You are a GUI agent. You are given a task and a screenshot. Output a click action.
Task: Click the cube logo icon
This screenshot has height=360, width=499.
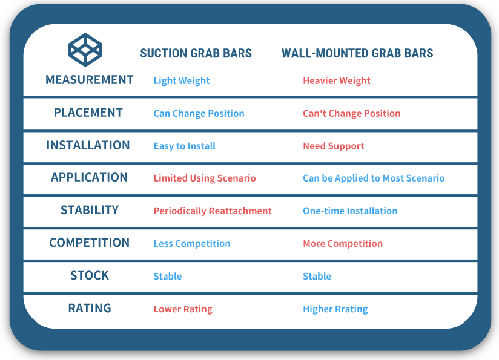click(x=85, y=50)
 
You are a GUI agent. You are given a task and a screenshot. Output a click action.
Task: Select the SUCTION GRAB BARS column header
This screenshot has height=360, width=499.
click(x=196, y=53)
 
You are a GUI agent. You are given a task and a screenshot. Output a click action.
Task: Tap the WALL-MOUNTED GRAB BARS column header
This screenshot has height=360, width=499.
click(x=357, y=53)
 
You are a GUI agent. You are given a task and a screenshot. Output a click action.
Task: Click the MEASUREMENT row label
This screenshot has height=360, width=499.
click(x=90, y=80)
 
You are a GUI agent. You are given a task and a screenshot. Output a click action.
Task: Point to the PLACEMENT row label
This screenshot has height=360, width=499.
click(x=88, y=113)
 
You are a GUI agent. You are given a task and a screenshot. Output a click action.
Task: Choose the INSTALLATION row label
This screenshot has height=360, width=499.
click(x=88, y=145)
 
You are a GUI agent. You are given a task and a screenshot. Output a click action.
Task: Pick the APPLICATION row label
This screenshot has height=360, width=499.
click(x=90, y=177)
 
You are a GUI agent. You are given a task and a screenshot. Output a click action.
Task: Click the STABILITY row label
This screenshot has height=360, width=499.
click(x=90, y=210)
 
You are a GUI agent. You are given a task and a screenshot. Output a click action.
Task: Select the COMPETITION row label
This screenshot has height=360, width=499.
click(x=90, y=243)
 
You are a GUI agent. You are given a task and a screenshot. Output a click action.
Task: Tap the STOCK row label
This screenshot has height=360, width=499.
click(x=90, y=275)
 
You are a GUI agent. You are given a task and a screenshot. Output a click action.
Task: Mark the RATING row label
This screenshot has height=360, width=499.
click(x=90, y=308)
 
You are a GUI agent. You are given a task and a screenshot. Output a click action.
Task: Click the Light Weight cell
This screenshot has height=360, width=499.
click(x=182, y=81)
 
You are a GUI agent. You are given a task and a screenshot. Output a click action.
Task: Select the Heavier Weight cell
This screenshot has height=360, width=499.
click(x=337, y=81)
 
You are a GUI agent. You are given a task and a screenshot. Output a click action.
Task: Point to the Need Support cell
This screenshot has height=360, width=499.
click(x=334, y=146)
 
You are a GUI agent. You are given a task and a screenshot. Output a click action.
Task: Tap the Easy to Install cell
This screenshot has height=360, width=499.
click(x=184, y=146)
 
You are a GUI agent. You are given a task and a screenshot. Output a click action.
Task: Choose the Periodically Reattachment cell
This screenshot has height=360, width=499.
click(x=213, y=211)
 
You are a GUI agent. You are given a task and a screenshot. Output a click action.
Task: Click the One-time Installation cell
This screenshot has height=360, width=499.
click(x=350, y=211)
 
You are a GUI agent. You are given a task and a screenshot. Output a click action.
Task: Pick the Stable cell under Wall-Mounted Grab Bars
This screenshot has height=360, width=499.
click(x=317, y=276)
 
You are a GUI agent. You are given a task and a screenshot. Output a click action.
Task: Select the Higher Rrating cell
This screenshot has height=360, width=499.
click(x=335, y=309)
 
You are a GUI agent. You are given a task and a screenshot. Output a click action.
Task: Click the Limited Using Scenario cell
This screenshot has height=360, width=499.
click(x=205, y=178)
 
